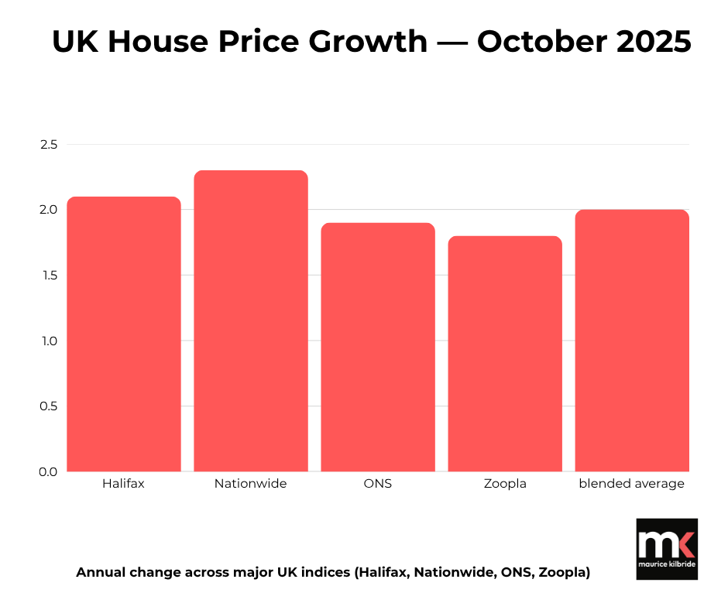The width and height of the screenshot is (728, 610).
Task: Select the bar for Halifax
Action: coord(124,334)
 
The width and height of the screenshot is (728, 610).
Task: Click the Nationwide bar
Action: coord(251,321)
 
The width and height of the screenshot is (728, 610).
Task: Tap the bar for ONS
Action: coord(378,348)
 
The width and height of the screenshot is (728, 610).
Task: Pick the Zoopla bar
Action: coord(505,354)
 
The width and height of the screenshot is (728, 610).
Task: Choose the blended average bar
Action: coord(632,341)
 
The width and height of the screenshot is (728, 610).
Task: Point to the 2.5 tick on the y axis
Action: coord(49,145)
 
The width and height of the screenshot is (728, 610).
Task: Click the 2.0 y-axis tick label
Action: coord(49,210)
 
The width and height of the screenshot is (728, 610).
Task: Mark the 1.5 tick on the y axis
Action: coord(49,276)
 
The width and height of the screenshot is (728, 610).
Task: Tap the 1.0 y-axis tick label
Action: coord(49,341)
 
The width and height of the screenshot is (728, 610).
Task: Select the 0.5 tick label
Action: coord(49,406)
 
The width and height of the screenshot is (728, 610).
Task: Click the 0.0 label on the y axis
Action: coord(49,471)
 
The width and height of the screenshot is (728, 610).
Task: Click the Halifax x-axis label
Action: coord(124,484)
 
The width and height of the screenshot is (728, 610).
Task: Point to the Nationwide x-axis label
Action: coord(250,484)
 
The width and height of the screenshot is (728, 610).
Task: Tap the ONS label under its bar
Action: coord(378,484)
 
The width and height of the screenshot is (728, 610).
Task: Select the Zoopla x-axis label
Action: coord(505,484)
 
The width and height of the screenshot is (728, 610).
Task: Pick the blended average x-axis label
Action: coord(632,484)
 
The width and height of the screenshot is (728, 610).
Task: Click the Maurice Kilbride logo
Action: coord(666,549)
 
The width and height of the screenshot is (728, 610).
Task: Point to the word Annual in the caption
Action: coord(101,573)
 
